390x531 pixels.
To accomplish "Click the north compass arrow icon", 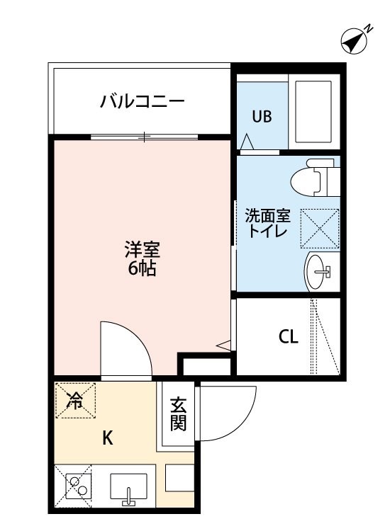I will pos(354,40).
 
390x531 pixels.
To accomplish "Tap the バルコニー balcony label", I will pos(142,101).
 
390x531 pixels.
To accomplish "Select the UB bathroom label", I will pos(262,117).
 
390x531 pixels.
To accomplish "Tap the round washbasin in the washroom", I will pos(318,270).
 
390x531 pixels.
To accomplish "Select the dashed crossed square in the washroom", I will pos(319,227).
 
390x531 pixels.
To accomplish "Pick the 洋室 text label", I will pos(143,249).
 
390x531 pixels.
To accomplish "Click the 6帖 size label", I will pos(143,268).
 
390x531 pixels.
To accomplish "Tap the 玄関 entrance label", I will pos(178,415).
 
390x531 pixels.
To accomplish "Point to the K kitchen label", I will pos(107,438).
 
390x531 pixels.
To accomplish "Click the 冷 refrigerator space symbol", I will pos(74,401).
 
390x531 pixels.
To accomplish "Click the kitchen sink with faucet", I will pos(128,488).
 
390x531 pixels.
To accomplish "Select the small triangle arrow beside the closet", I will pos(224,346).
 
